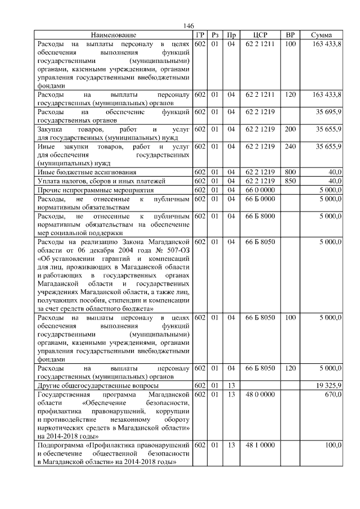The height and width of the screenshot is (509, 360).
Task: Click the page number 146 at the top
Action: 189,26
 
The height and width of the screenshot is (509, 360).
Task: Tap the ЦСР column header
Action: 259,35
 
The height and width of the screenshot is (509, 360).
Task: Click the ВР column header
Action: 290,35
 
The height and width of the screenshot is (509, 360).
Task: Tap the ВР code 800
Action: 290,172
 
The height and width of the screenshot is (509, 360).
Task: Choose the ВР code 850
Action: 290,181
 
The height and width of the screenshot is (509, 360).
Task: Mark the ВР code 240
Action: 290,147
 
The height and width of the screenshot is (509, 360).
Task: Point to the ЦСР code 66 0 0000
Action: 259,190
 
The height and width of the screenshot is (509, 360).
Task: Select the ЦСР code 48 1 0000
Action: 259,445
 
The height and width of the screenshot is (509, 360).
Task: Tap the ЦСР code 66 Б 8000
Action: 259,216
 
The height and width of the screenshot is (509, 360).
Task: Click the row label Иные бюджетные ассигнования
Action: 87,172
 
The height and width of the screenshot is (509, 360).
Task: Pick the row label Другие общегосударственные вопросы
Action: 97,386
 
